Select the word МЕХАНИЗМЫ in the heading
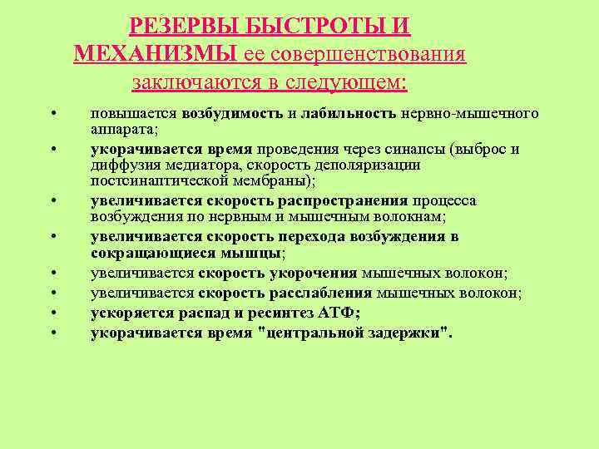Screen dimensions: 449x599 pyautogui.click(x=156, y=55)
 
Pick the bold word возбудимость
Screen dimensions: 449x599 pyautogui.click(x=234, y=114)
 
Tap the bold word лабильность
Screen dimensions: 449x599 pyautogui.click(x=349, y=114)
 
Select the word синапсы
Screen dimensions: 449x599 pyautogui.click(x=418, y=150)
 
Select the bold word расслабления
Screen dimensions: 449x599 pyautogui.click(x=322, y=293)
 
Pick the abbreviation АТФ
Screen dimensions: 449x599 pyautogui.click(x=341, y=313)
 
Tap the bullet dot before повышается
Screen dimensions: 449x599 pyautogui.click(x=52, y=114)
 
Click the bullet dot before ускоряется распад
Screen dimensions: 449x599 pyautogui.click(x=52, y=313)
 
